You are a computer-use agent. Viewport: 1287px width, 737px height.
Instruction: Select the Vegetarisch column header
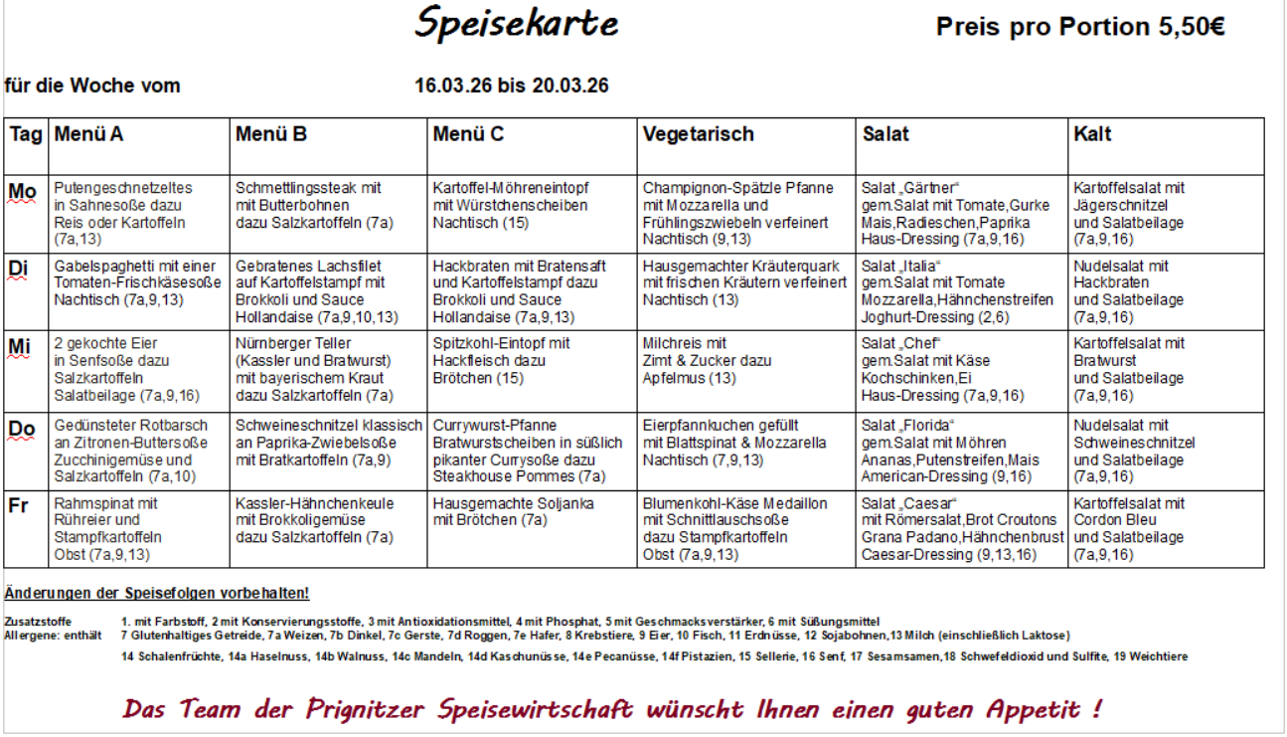(698, 134)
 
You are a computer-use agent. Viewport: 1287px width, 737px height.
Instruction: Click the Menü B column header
(270, 134)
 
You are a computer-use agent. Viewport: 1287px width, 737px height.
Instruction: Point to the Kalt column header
(1092, 134)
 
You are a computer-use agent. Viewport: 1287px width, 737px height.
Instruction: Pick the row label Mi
(20, 347)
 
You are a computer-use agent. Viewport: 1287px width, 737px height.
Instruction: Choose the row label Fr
(19, 505)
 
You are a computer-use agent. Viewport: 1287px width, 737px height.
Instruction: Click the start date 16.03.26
(453, 86)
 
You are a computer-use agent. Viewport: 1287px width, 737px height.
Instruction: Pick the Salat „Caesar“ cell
(959, 528)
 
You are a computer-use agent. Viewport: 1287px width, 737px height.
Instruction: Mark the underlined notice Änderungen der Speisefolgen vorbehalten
(157, 594)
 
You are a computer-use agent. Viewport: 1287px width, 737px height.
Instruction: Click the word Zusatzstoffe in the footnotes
(31, 622)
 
